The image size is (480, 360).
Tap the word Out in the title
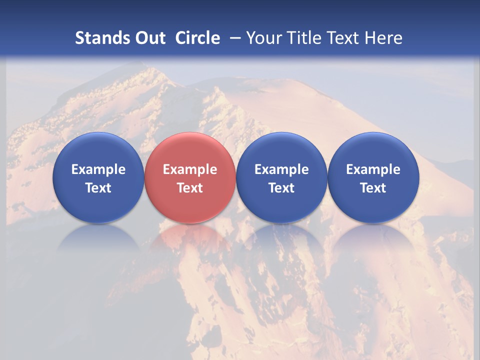click(148, 38)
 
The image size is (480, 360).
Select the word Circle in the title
click(197, 38)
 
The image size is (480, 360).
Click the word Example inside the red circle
click(190, 169)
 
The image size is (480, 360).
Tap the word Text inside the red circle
click(190, 188)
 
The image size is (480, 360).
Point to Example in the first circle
click(98, 169)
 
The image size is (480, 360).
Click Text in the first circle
click(98, 188)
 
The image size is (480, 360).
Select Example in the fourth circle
click(373, 169)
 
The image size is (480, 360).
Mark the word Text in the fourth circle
click(373, 188)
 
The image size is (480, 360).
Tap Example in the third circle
click(281, 169)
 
